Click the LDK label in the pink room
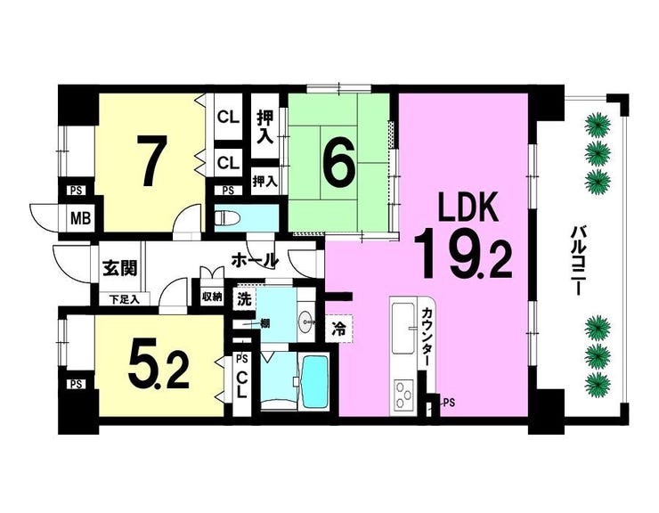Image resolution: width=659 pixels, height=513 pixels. click(x=468, y=207)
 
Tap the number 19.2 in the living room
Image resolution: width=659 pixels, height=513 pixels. click(x=463, y=253)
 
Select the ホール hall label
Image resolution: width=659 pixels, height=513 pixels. click(x=255, y=261)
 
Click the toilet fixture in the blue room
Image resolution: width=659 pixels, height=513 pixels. click(x=227, y=218)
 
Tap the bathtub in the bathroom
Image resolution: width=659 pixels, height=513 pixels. click(x=314, y=382)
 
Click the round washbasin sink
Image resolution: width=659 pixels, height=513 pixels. click(x=305, y=323)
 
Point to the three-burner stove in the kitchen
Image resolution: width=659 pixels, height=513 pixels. click(x=403, y=395)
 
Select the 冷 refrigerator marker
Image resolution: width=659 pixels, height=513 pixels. click(x=338, y=329)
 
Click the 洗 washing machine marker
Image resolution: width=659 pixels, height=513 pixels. click(x=244, y=299)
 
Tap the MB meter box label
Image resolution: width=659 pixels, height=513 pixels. click(x=81, y=218)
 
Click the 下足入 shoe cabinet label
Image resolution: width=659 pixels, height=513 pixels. click(x=124, y=299)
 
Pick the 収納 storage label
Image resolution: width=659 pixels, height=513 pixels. click(x=212, y=297)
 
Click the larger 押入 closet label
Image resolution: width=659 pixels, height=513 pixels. click(x=264, y=127)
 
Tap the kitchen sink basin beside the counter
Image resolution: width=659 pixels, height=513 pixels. click(x=403, y=329)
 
